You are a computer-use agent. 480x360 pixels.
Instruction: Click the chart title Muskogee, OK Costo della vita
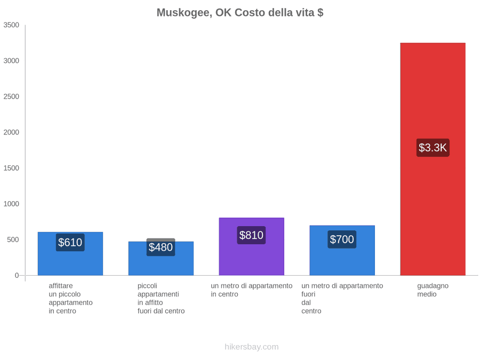pos(240,13)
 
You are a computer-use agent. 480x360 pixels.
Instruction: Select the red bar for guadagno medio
pos(433,159)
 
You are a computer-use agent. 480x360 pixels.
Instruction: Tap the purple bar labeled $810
pos(252,247)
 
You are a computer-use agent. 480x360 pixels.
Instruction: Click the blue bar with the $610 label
pos(70,254)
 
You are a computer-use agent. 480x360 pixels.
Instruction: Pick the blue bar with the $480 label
pos(161,258)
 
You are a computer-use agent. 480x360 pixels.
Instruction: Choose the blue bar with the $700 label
pos(342,251)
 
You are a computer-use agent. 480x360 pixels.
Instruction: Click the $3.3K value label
pos(433,148)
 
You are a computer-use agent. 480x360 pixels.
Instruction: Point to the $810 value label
pos(251,235)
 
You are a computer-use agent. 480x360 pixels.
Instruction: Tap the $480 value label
pos(161,247)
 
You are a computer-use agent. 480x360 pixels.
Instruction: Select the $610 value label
pos(70,243)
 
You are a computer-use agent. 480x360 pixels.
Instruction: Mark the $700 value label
pos(342,239)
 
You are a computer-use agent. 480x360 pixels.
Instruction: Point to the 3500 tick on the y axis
pos(11,25)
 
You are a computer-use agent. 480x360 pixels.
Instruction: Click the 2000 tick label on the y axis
pos(11,132)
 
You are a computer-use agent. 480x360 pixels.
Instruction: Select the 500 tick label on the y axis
pos(13,239)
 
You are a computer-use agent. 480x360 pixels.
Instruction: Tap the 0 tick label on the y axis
pos(17,276)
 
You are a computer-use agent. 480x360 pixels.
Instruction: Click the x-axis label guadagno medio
pos(433,290)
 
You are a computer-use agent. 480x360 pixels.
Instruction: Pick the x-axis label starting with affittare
pos(70,299)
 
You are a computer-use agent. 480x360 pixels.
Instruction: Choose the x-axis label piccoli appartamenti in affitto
pos(161,299)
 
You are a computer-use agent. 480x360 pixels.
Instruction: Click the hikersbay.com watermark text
pos(252,347)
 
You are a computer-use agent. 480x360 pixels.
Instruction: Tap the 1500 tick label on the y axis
pos(11,168)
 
